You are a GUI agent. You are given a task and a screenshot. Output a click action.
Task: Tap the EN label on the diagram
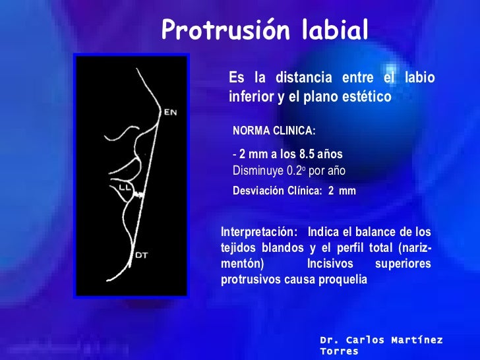(170, 112)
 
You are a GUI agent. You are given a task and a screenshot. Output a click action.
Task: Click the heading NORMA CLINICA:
(274, 131)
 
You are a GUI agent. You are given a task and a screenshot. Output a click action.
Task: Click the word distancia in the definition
(300, 78)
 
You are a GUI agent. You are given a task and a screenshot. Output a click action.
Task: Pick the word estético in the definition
(366, 97)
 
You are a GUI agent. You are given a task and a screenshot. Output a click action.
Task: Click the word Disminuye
(255, 170)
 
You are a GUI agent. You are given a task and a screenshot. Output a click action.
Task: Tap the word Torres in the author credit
(339, 352)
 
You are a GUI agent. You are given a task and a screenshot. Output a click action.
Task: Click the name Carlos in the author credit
(363, 340)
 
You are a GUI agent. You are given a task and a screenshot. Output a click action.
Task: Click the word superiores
(403, 264)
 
